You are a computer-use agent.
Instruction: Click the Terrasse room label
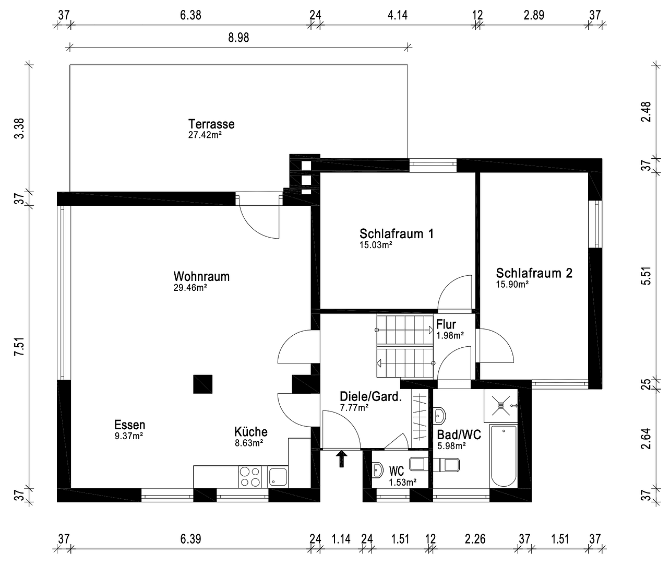[211, 124]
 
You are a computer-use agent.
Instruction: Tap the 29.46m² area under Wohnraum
[190, 287]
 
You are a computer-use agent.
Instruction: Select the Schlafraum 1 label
[397, 233]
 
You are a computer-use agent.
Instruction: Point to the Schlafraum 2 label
[534, 273]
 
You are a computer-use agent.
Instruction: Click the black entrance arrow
[341, 459]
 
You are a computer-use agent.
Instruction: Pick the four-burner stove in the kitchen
[249, 476]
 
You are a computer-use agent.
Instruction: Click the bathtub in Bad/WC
[504, 456]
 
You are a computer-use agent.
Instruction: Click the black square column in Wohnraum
[203, 384]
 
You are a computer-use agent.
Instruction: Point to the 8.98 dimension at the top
[238, 39]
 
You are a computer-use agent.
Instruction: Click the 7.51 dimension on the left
[19, 347]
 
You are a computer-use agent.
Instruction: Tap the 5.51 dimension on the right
[647, 276]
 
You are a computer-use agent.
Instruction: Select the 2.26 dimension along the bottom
[475, 539]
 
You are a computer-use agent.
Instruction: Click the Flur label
[446, 325]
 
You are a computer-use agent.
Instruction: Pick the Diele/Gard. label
[370, 396]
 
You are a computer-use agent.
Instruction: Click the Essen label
[129, 425]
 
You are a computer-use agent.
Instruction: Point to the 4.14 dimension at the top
[397, 15]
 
